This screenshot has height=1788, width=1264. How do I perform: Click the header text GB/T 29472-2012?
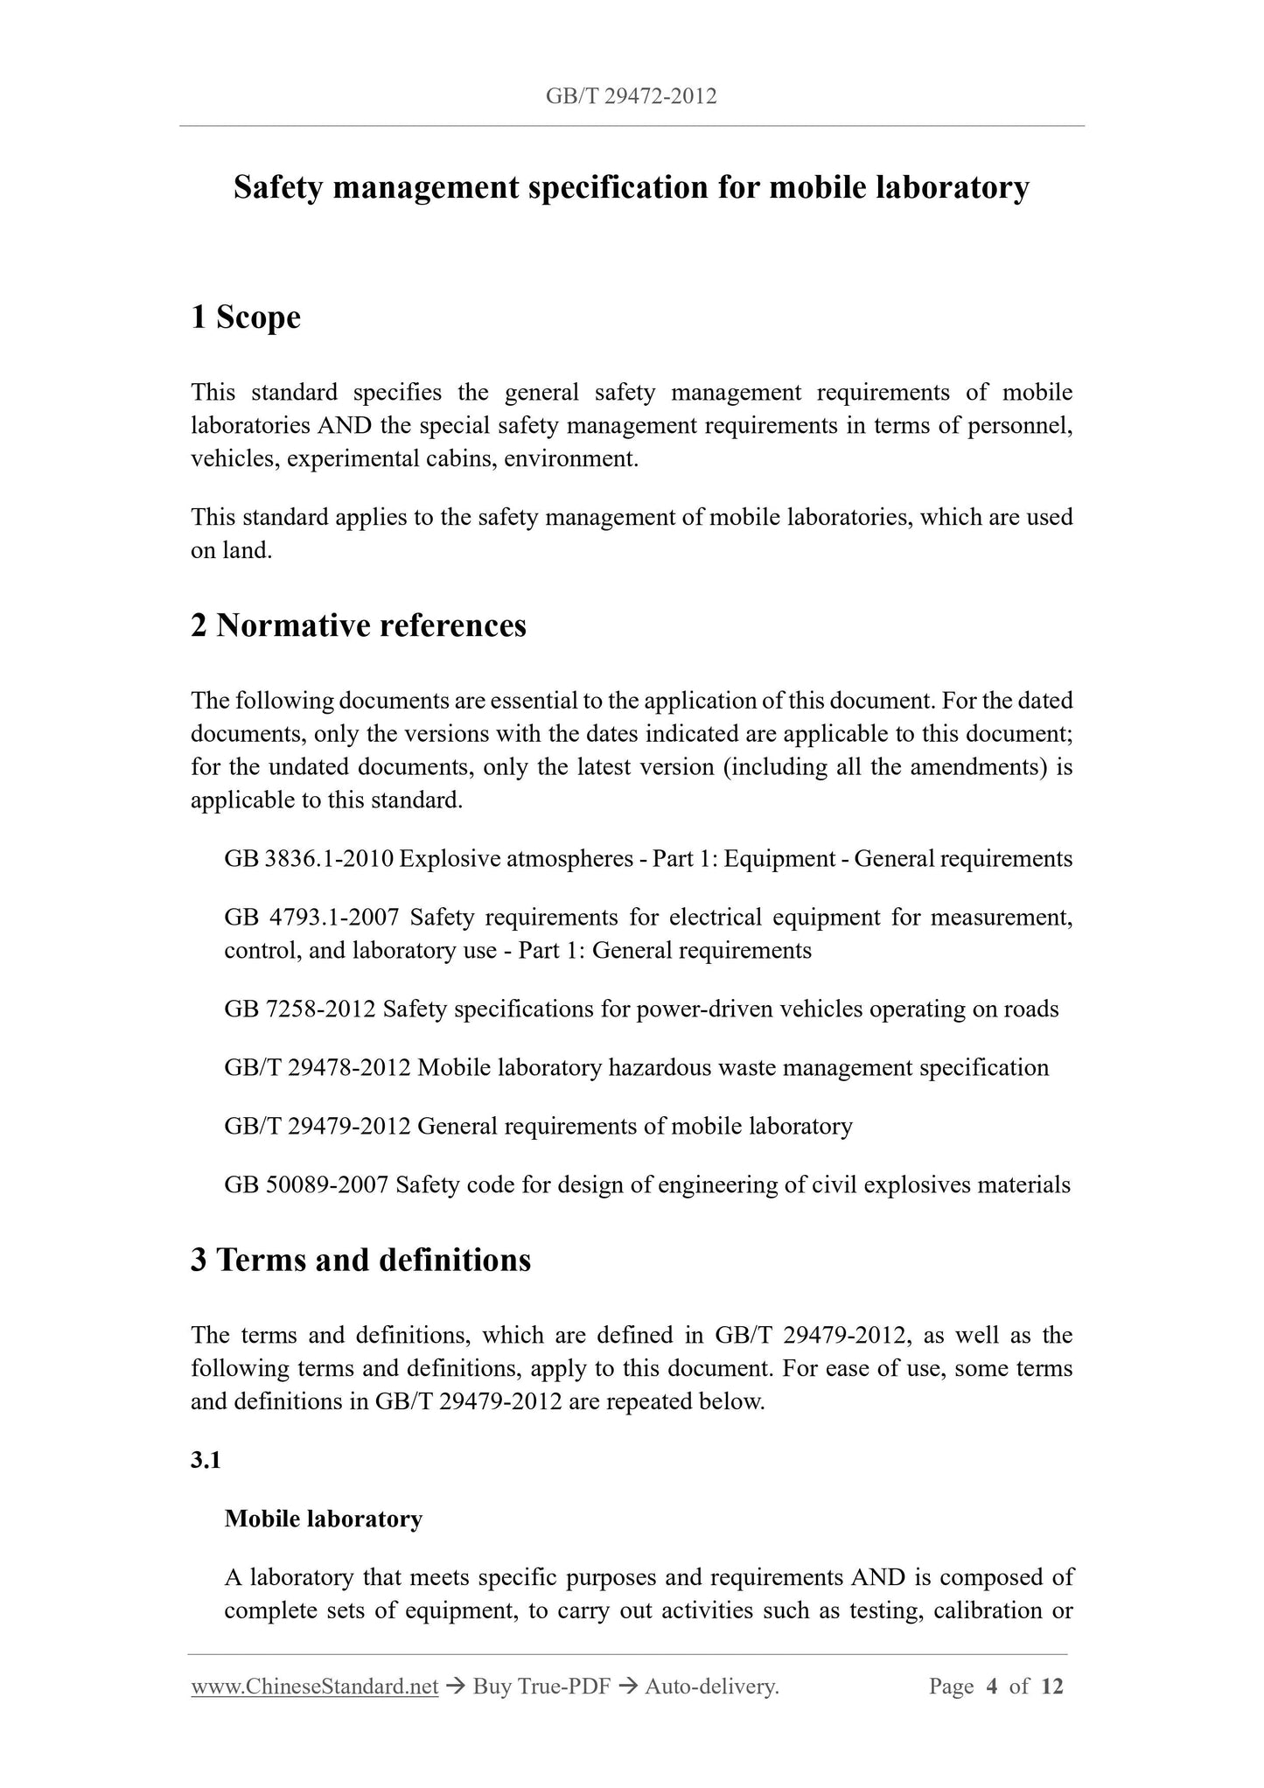631,96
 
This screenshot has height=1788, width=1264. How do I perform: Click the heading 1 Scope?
245,317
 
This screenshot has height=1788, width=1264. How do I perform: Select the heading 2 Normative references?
359,625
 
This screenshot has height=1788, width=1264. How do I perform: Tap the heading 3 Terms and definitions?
360,1260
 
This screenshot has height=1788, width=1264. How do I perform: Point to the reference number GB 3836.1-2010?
309,859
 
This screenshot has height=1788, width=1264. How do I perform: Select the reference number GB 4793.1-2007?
311,918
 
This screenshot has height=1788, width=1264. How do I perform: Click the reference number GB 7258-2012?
300,1009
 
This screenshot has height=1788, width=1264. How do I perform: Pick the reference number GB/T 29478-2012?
318,1068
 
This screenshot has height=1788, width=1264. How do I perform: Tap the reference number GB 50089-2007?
306,1185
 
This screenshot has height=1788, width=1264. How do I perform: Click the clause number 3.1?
206,1461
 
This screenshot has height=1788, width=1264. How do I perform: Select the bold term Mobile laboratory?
323,1519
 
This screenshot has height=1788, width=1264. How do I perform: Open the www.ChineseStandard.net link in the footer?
314,1687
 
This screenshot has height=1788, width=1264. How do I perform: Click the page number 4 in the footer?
991,1687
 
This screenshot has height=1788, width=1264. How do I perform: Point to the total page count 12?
1052,1687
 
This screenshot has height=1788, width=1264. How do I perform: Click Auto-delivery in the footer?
711,1687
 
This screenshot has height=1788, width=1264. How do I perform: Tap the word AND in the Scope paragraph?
343,426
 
